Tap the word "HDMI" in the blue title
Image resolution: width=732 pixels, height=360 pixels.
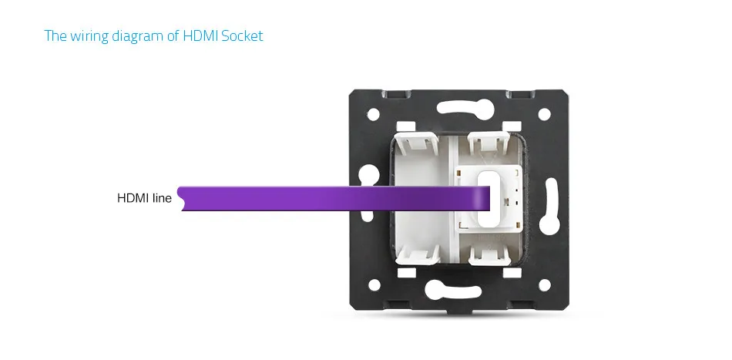point(200,35)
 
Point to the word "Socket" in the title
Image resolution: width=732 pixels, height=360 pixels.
point(242,35)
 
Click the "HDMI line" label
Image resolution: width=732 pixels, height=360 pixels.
point(144,198)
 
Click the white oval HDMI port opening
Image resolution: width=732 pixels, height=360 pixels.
point(486,198)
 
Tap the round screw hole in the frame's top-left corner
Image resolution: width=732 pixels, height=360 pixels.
point(373,114)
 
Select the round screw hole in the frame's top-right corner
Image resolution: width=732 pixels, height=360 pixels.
point(544,114)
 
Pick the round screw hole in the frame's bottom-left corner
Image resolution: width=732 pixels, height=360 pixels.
point(374,284)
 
